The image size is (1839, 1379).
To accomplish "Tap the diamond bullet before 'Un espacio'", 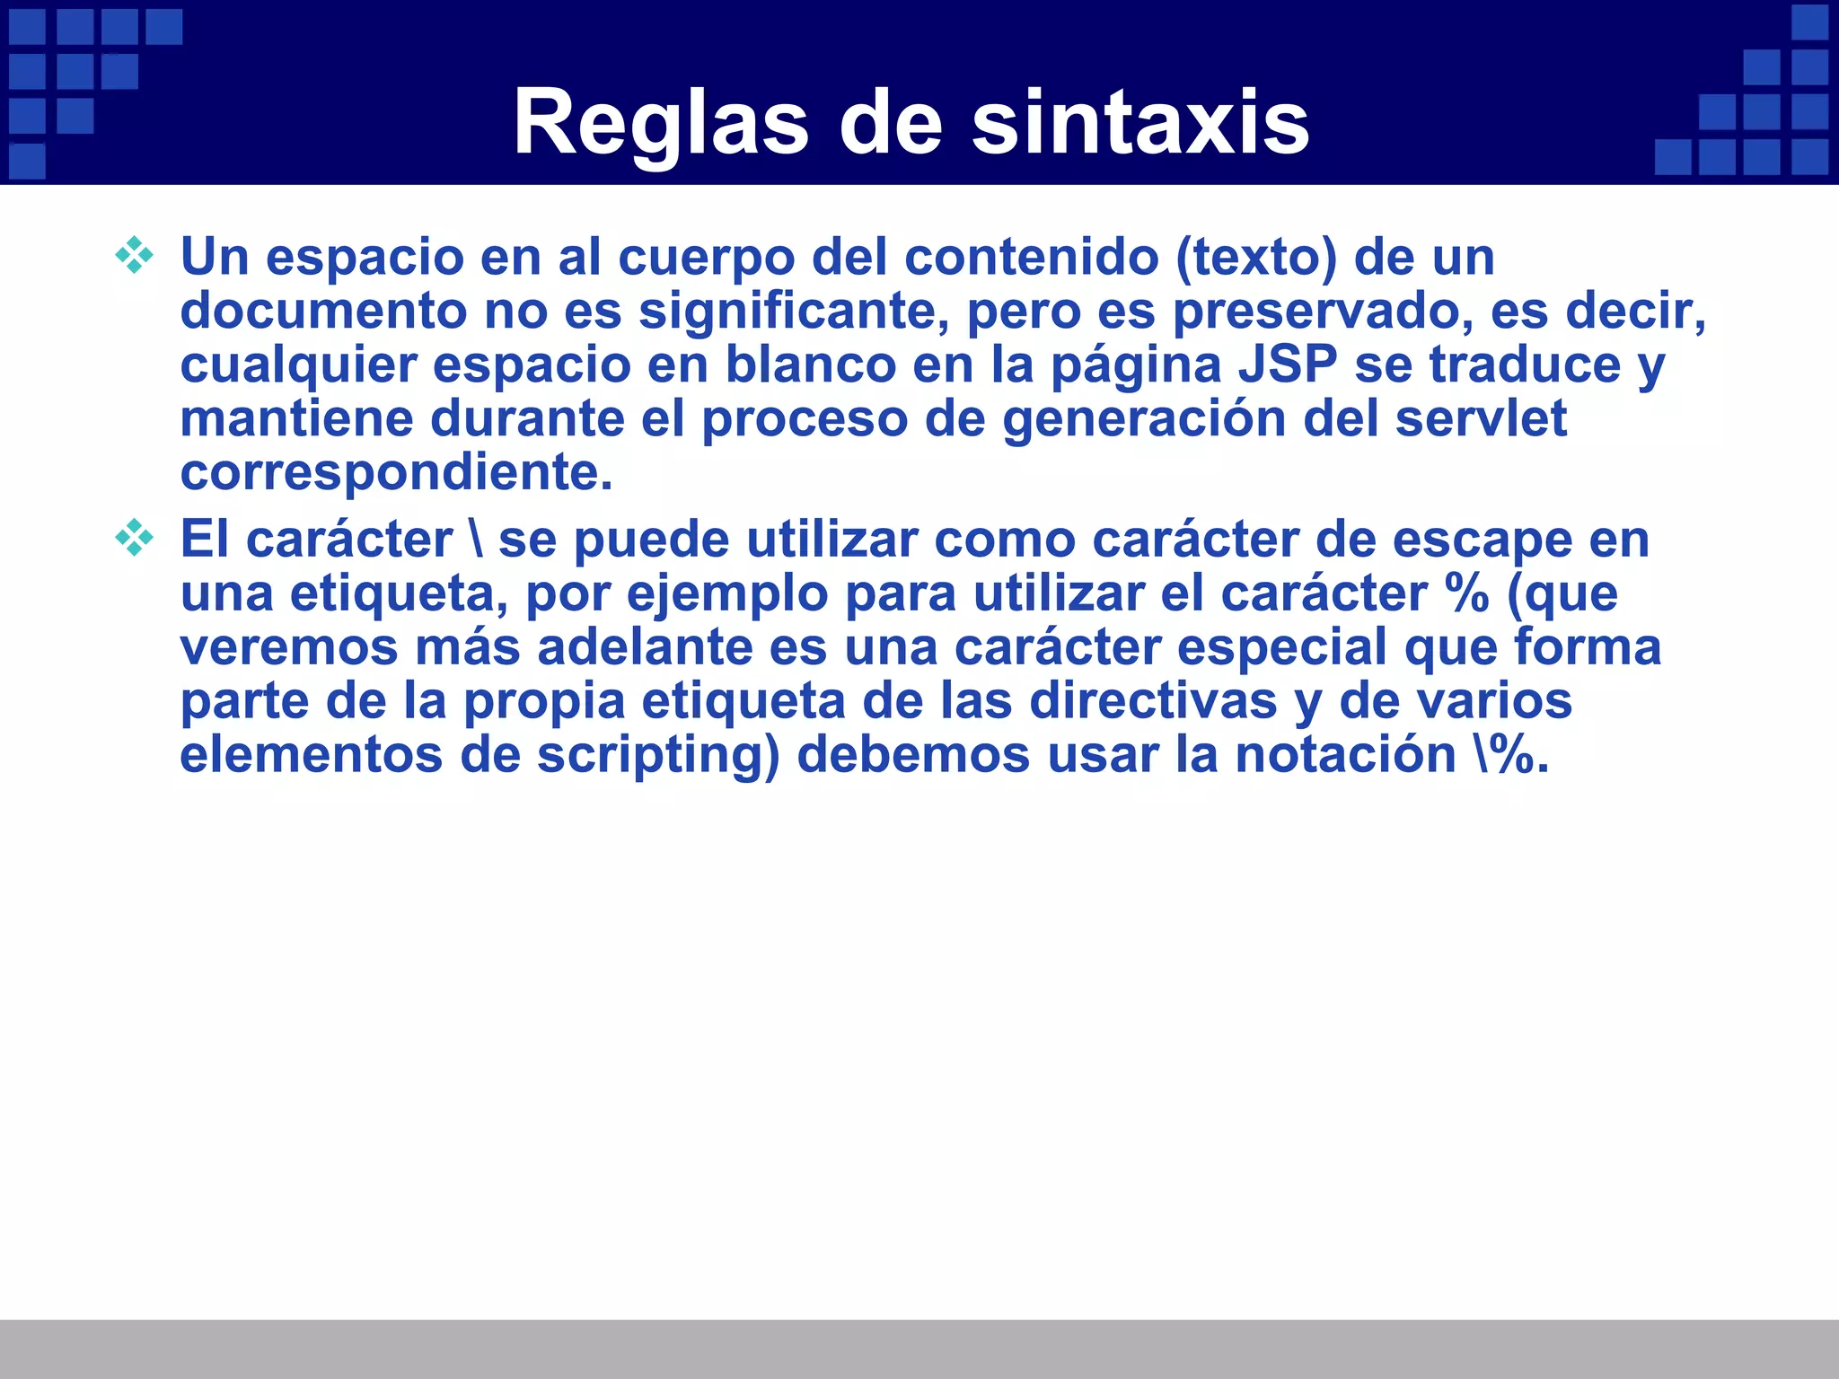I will point(135,255).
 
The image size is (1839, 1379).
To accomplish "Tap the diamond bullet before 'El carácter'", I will point(135,538).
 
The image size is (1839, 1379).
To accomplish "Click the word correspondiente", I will point(396,473).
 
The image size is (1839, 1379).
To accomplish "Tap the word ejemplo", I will point(726,594).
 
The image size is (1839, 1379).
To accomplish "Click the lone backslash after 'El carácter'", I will point(474,540).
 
